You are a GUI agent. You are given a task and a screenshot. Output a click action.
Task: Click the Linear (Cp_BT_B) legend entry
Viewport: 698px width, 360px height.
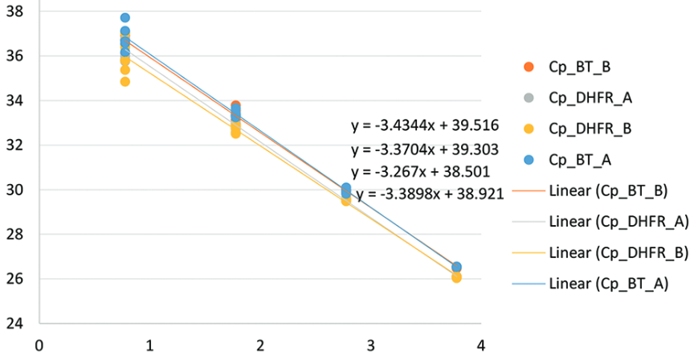[x=607, y=190]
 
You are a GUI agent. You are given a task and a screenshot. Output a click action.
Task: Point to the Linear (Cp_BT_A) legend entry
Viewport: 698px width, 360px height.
[x=607, y=282]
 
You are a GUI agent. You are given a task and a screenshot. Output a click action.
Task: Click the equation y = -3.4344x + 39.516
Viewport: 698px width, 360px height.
[x=426, y=125]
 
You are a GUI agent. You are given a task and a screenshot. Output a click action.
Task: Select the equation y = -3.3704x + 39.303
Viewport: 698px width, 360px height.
[x=426, y=149]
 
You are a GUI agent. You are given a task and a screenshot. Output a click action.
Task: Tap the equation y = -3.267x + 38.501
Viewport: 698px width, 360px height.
[x=422, y=172]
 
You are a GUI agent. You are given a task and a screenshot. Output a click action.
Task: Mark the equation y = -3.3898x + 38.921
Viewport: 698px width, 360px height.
[x=430, y=194]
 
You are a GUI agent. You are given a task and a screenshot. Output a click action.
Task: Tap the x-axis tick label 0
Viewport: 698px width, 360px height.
[x=38, y=346]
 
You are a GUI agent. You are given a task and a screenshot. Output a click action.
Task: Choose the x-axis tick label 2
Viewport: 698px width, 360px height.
[x=259, y=346]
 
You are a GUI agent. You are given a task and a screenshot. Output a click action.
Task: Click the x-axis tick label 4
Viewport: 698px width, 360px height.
[x=480, y=346]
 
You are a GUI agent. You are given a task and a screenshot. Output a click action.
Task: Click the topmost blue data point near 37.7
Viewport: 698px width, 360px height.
[x=125, y=18]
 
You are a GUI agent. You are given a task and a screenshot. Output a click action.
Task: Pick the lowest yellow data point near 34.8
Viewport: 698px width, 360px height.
[x=124, y=81]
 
